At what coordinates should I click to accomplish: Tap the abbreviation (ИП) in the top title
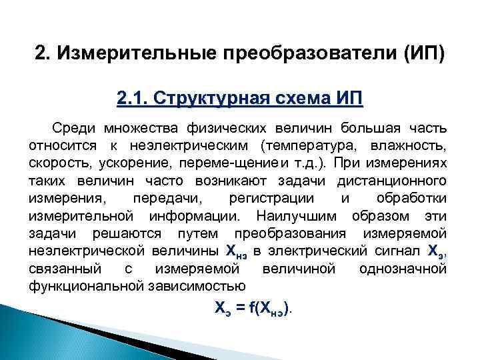tap(424, 53)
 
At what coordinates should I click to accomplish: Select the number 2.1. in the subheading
tap(132, 99)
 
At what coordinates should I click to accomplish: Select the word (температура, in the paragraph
tap(307, 145)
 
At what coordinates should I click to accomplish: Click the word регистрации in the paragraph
tap(274, 199)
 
